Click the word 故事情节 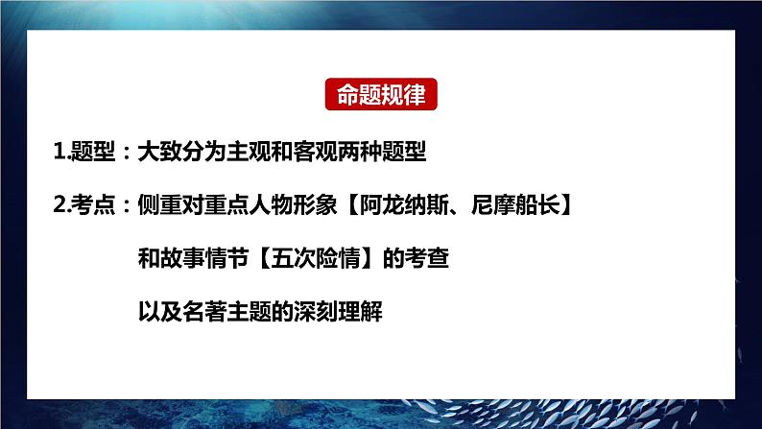(x=204, y=259)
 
